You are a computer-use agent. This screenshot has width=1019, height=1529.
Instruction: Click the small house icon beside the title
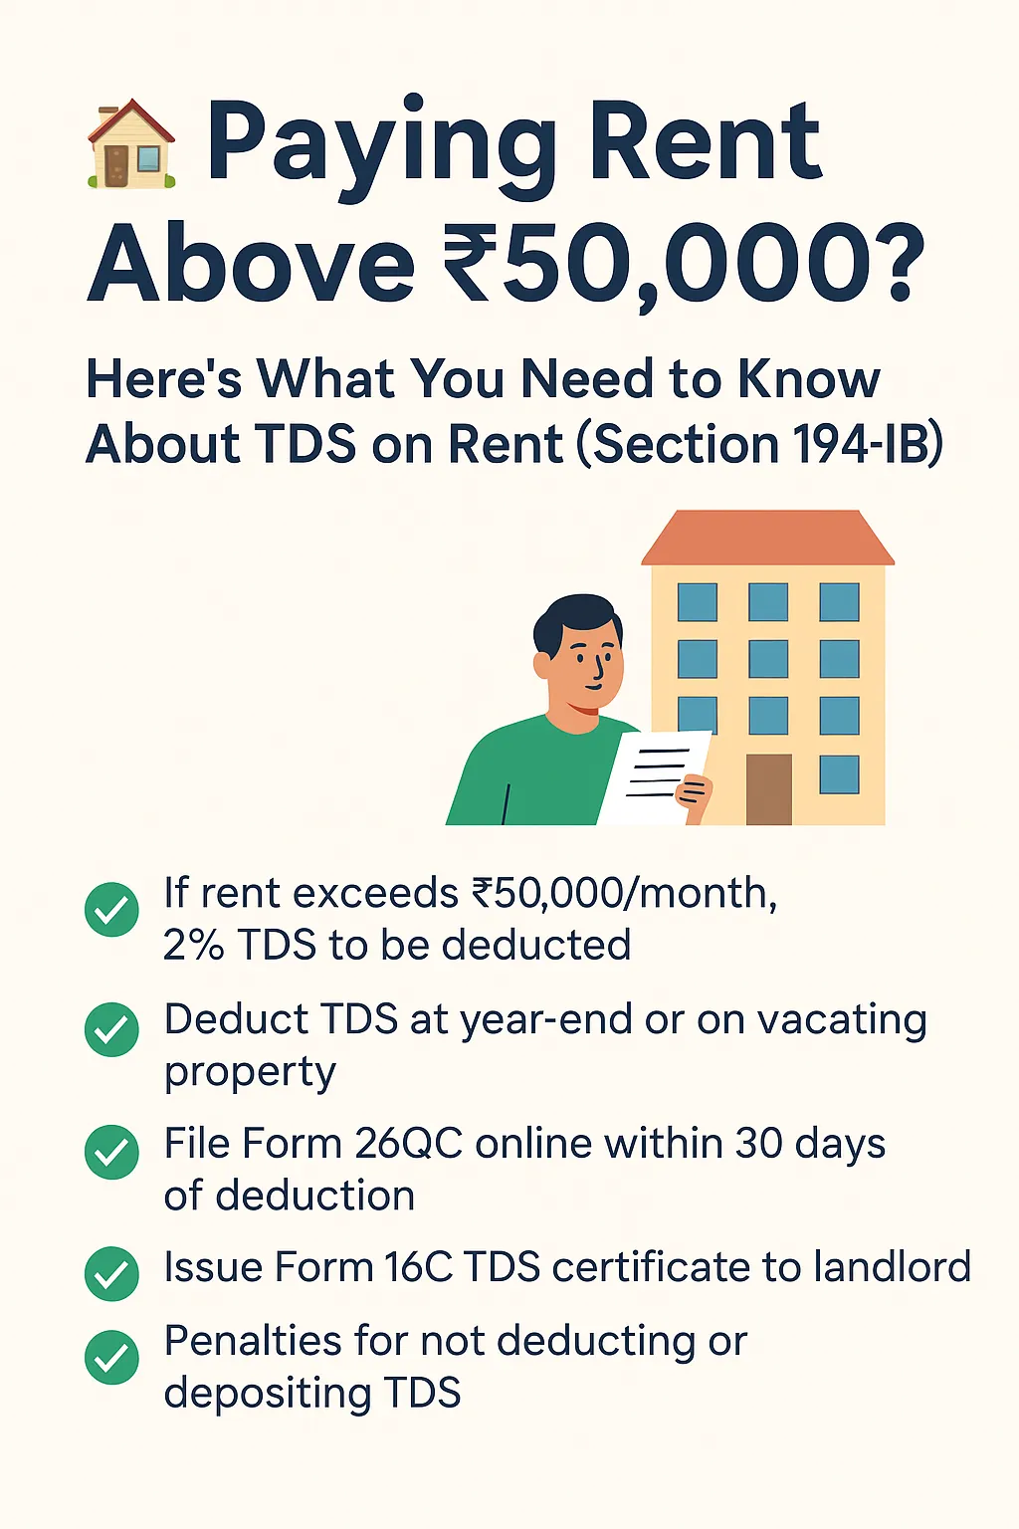(131, 145)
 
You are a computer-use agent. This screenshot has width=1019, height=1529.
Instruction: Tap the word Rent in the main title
(705, 145)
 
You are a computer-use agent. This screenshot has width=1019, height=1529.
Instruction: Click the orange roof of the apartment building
(767, 539)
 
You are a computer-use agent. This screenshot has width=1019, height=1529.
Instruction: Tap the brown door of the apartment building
(768, 788)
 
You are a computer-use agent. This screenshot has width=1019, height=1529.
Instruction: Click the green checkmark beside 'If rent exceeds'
(111, 909)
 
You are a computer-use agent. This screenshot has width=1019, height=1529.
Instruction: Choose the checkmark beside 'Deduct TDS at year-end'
(111, 1029)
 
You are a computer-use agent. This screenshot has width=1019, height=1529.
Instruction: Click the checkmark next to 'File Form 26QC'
(111, 1152)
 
